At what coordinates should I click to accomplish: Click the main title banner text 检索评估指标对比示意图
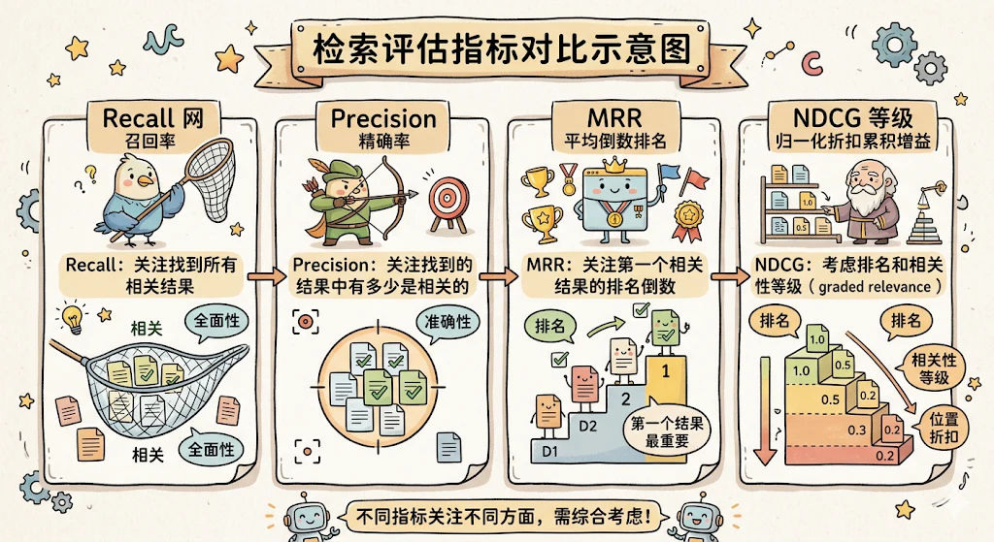pos(501,48)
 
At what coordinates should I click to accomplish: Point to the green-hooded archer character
pos(343,202)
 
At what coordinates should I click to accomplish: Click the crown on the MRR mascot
pos(613,165)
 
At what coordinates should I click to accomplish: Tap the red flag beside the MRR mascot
pos(695,180)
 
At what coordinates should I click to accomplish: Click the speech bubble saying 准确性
pos(447,323)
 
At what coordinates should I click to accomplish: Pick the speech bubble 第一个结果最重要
pos(667,431)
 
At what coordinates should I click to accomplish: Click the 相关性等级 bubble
pos(933,368)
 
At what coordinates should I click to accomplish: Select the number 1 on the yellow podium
pos(666,371)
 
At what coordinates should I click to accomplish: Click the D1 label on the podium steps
pos(550,452)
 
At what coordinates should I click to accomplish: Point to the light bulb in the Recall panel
pos(72,318)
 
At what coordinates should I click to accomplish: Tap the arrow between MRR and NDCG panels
pos(730,276)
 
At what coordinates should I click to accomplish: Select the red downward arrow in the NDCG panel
pos(765,411)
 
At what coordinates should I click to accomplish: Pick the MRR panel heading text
pos(614,117)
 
